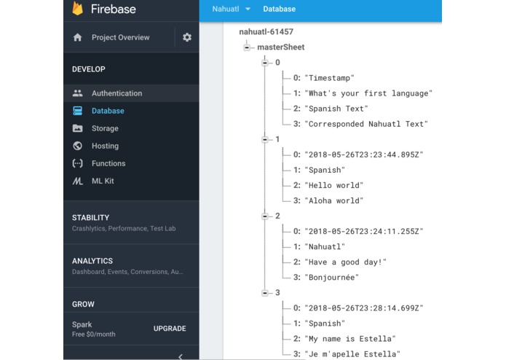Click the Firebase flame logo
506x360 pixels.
(77, 9)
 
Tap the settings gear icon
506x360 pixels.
(187, 37)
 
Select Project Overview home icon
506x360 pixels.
(77, 37)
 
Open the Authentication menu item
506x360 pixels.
(116, 93)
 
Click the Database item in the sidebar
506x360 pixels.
(108, 111)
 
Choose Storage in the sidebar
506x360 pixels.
(105, 128)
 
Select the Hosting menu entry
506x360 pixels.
(105, 146)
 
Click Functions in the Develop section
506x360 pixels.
(108, 163)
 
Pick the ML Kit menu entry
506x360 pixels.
(103, 181)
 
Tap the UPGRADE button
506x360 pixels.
(170, 329)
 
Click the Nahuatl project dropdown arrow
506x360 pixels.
(248, 9)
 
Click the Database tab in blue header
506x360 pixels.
(279, 9)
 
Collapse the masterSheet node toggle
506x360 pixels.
(247, 47)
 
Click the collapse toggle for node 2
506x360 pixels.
(265, 216)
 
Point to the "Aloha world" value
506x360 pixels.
(334, 200)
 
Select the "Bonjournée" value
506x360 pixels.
(332, 278)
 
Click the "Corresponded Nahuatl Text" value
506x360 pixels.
(366, 124)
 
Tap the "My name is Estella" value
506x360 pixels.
(350, 339)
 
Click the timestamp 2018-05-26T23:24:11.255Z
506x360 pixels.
(364, 231)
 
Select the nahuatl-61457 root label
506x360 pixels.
(266, 31)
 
